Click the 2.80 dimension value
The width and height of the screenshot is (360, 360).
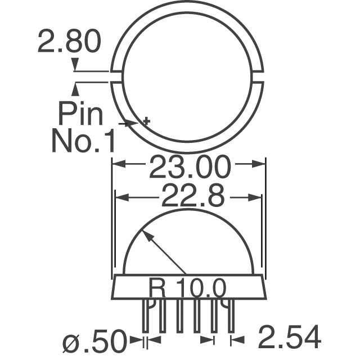point(69,43)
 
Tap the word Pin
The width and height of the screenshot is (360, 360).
point(81,114)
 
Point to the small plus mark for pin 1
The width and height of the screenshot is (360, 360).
point(147,120)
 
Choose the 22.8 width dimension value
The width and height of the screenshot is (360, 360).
point(190,197)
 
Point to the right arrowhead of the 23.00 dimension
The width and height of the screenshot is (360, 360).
point(260,165)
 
